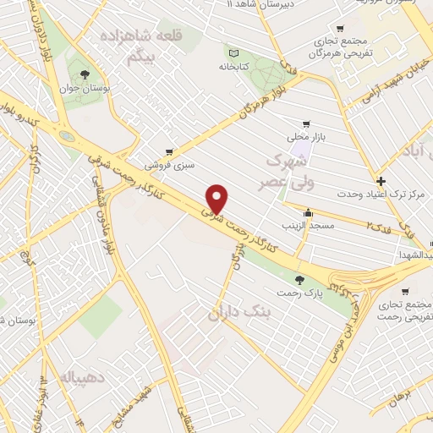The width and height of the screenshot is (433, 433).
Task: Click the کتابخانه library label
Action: point(234,66)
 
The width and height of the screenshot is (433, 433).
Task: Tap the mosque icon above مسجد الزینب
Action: point(309,213)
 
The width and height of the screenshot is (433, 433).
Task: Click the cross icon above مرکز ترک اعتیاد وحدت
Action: point(381,181)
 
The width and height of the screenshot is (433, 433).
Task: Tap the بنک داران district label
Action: point(244,313)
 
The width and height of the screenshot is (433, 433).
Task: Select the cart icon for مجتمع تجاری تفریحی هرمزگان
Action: point(340,28)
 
